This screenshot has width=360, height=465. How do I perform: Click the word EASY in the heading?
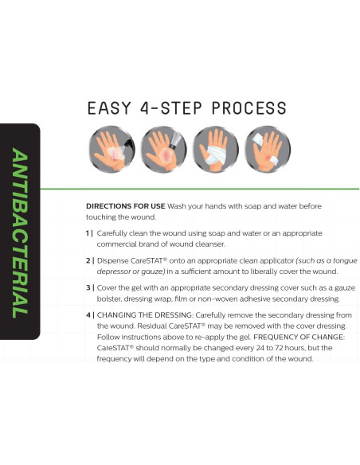point(109,108)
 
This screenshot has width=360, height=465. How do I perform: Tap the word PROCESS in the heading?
point(249,108)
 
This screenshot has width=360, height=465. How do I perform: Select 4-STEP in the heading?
point(171,108)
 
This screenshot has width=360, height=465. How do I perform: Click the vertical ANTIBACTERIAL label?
point(20,232)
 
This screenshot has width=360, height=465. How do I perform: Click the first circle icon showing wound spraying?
point(112,149)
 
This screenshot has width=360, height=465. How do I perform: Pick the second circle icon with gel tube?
point(164,149)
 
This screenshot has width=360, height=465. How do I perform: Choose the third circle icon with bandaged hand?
point(216,149)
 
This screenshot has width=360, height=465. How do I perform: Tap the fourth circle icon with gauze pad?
point(268,149)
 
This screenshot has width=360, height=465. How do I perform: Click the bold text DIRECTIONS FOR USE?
point(125,206)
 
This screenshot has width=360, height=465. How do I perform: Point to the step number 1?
point(88,233)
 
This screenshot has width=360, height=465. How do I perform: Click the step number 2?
point(88,260)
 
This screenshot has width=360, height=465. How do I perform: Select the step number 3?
point(88,288)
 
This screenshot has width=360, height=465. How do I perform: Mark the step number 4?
point(88,315)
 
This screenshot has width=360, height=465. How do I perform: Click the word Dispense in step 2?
point(112,261)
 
